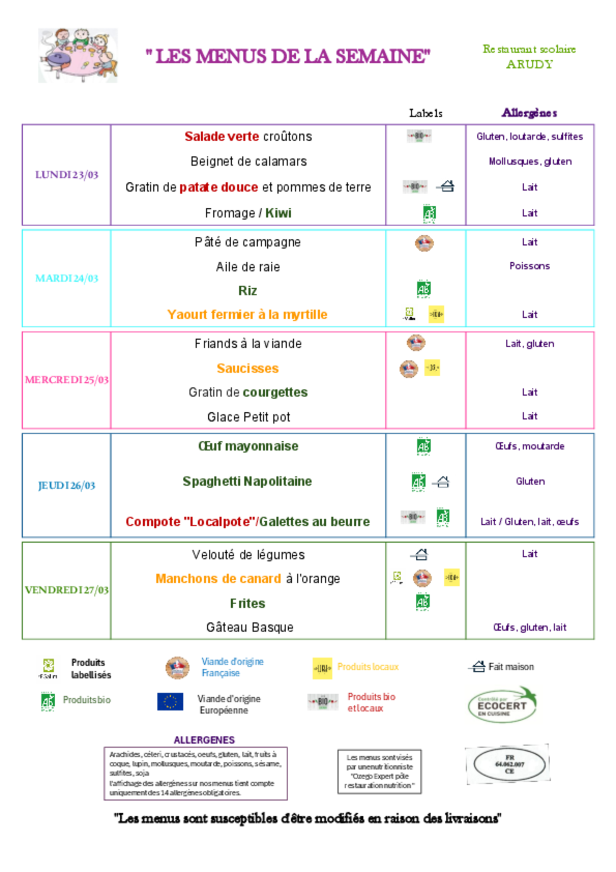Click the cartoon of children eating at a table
(x=78, y=55)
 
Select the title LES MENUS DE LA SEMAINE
(x=288, y=56)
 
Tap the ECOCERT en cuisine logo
(x=503, y=704)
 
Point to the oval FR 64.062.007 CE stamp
(x=508, y=764)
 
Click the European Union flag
(x=170, y=701)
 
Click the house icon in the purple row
(x=447, y=186)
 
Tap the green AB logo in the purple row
(x=430, y=213)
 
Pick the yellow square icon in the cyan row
(x=436, y=314)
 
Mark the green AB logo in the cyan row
(x=424, y=289)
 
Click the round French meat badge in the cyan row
(x=424, y=243)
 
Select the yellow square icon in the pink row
(x=432, y=368)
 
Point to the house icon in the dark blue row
(x=443, y=482)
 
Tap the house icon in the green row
(x=421, y=555)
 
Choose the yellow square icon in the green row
(x=452, y=577)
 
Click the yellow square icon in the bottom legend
(x=322, y=668)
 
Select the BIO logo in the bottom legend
(x=323, y=702)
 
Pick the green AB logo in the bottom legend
(x=48, y=701)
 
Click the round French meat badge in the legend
(x=178, y=668)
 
